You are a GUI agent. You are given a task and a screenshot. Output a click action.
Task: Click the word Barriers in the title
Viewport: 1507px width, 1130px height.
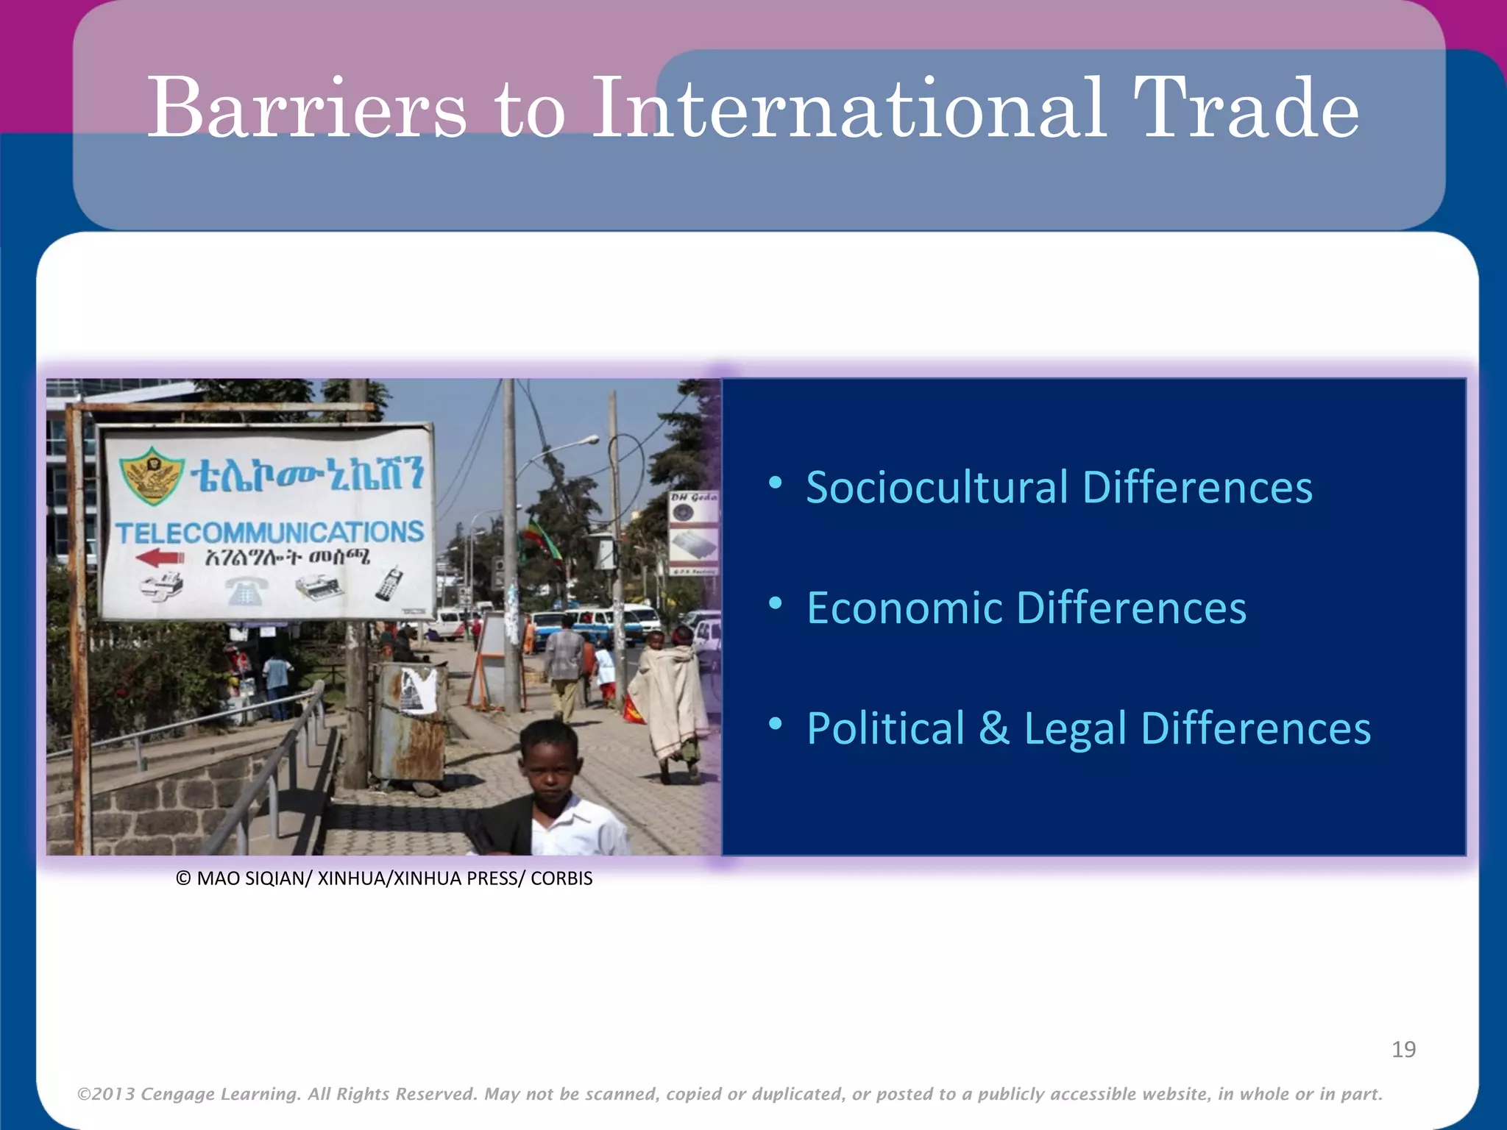pyautogui.click(x=307, y=108)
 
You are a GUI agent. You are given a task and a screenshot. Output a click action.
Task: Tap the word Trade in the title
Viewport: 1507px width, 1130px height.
pyautogui.click(x=1245, y=108)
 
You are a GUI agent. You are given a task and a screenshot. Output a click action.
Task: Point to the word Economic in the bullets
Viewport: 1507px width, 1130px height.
pyautogui.click(x=904, y=608)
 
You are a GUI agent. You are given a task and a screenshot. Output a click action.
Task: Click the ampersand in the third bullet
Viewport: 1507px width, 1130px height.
pyautogui.click(x=994, y=728)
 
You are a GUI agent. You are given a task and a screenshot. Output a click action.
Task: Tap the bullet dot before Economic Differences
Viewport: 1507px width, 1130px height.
pyautogui.click(x=775, y=604)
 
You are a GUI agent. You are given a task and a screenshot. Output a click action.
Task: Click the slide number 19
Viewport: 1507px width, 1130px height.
pyautogui.click(x=1403, y=1049)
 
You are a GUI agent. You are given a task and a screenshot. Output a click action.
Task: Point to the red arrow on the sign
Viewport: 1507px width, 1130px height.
pyautogui.click(x=160, y=558)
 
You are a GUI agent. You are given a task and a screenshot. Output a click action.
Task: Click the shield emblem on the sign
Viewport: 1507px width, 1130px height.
pyautogui.click(x=153, y=475)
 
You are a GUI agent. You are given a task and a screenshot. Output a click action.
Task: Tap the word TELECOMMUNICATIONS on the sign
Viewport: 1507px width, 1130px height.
pyautogui.click(x=269, y=532)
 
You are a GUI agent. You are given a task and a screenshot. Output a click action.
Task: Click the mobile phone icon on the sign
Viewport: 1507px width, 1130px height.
pyautogui.click(x=388, y=583)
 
